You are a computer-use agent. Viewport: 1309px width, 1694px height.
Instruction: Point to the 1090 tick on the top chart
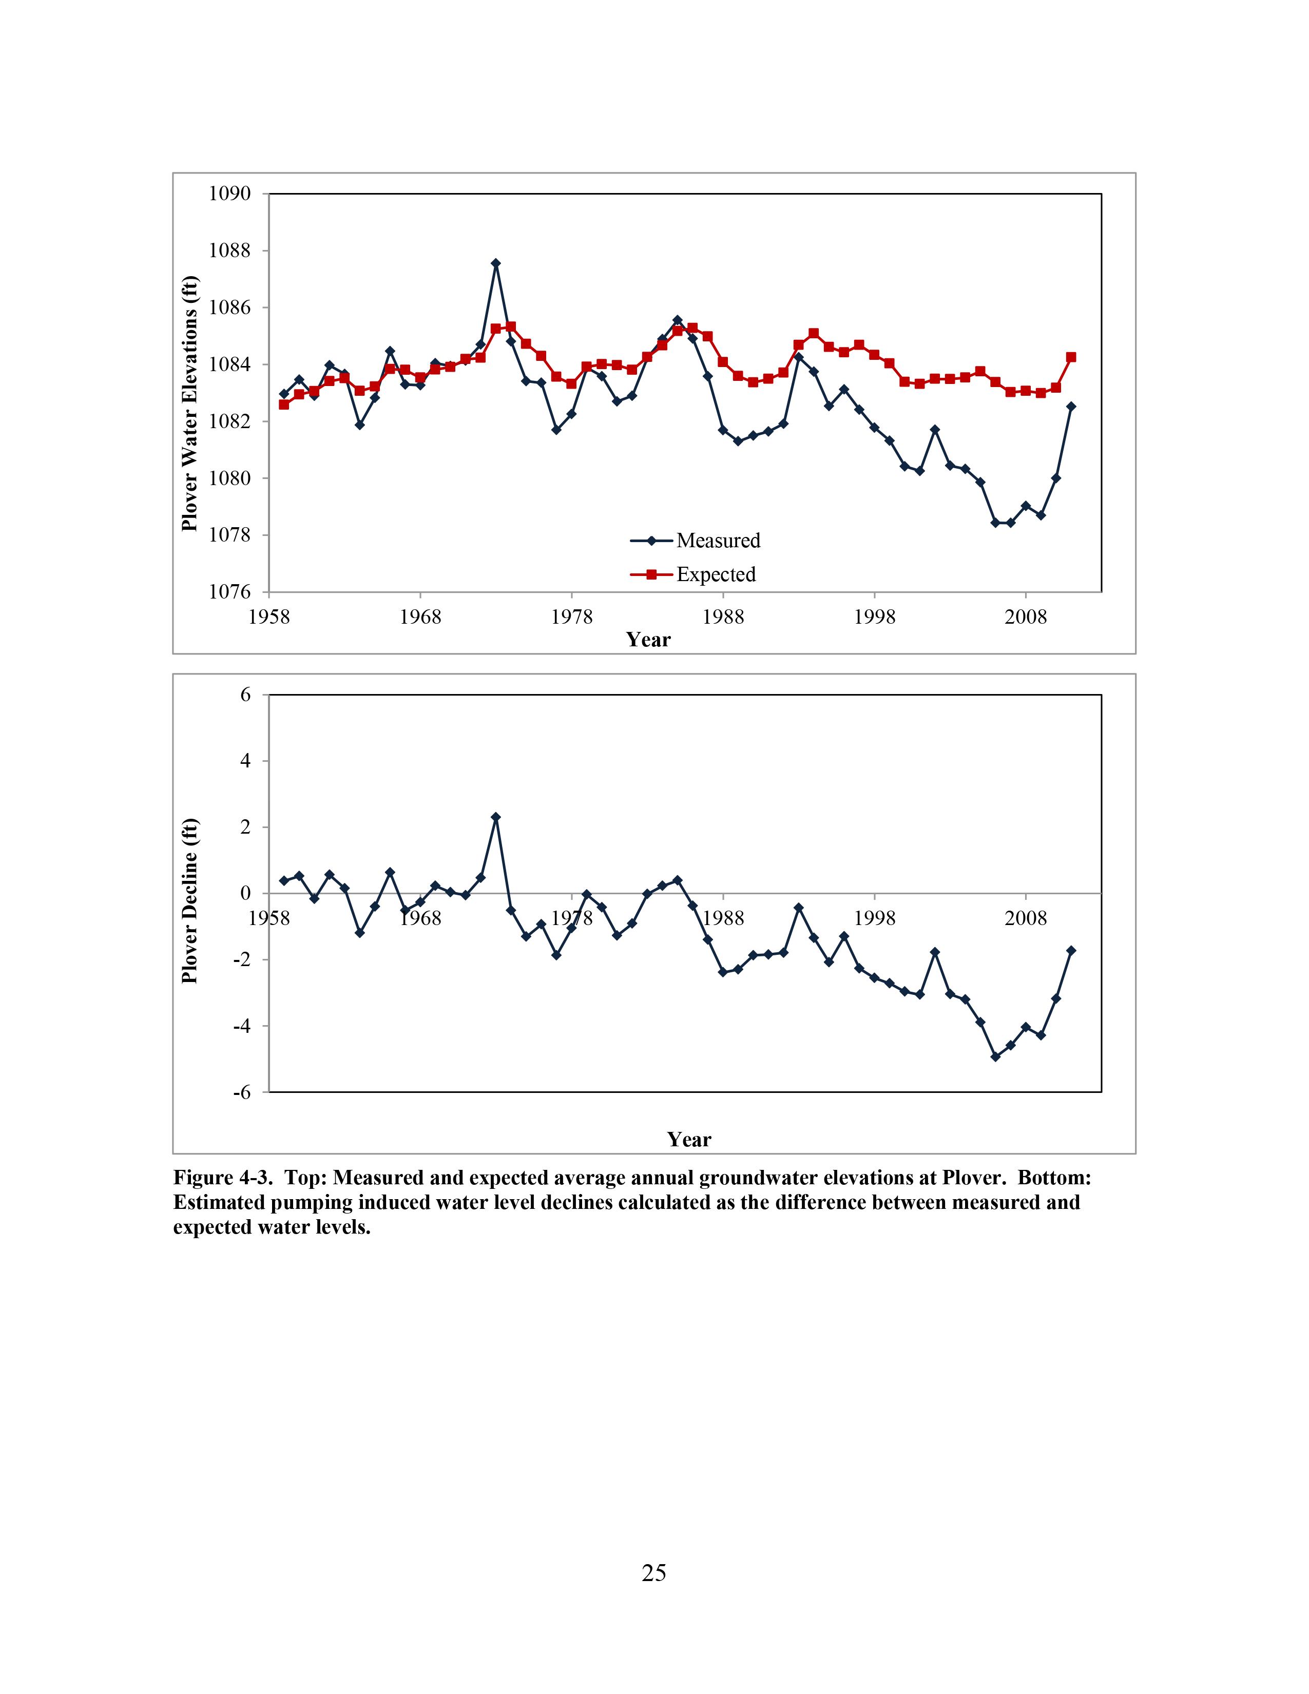tap(229, 194)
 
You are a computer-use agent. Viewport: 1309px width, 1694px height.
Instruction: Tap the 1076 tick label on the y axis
tap(229, 592)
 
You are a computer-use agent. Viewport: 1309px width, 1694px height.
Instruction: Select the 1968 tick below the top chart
tap(420, 618)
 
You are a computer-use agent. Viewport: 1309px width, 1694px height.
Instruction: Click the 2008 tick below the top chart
tap(1026, 618)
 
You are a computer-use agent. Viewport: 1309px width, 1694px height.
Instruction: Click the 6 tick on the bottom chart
tap(246, 695)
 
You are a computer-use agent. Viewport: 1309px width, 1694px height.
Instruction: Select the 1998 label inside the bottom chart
tap(875, 918)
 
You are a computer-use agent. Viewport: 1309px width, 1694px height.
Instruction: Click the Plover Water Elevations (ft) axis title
tap(190, 403)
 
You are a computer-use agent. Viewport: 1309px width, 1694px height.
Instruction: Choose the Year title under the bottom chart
tap(688, 1140)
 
